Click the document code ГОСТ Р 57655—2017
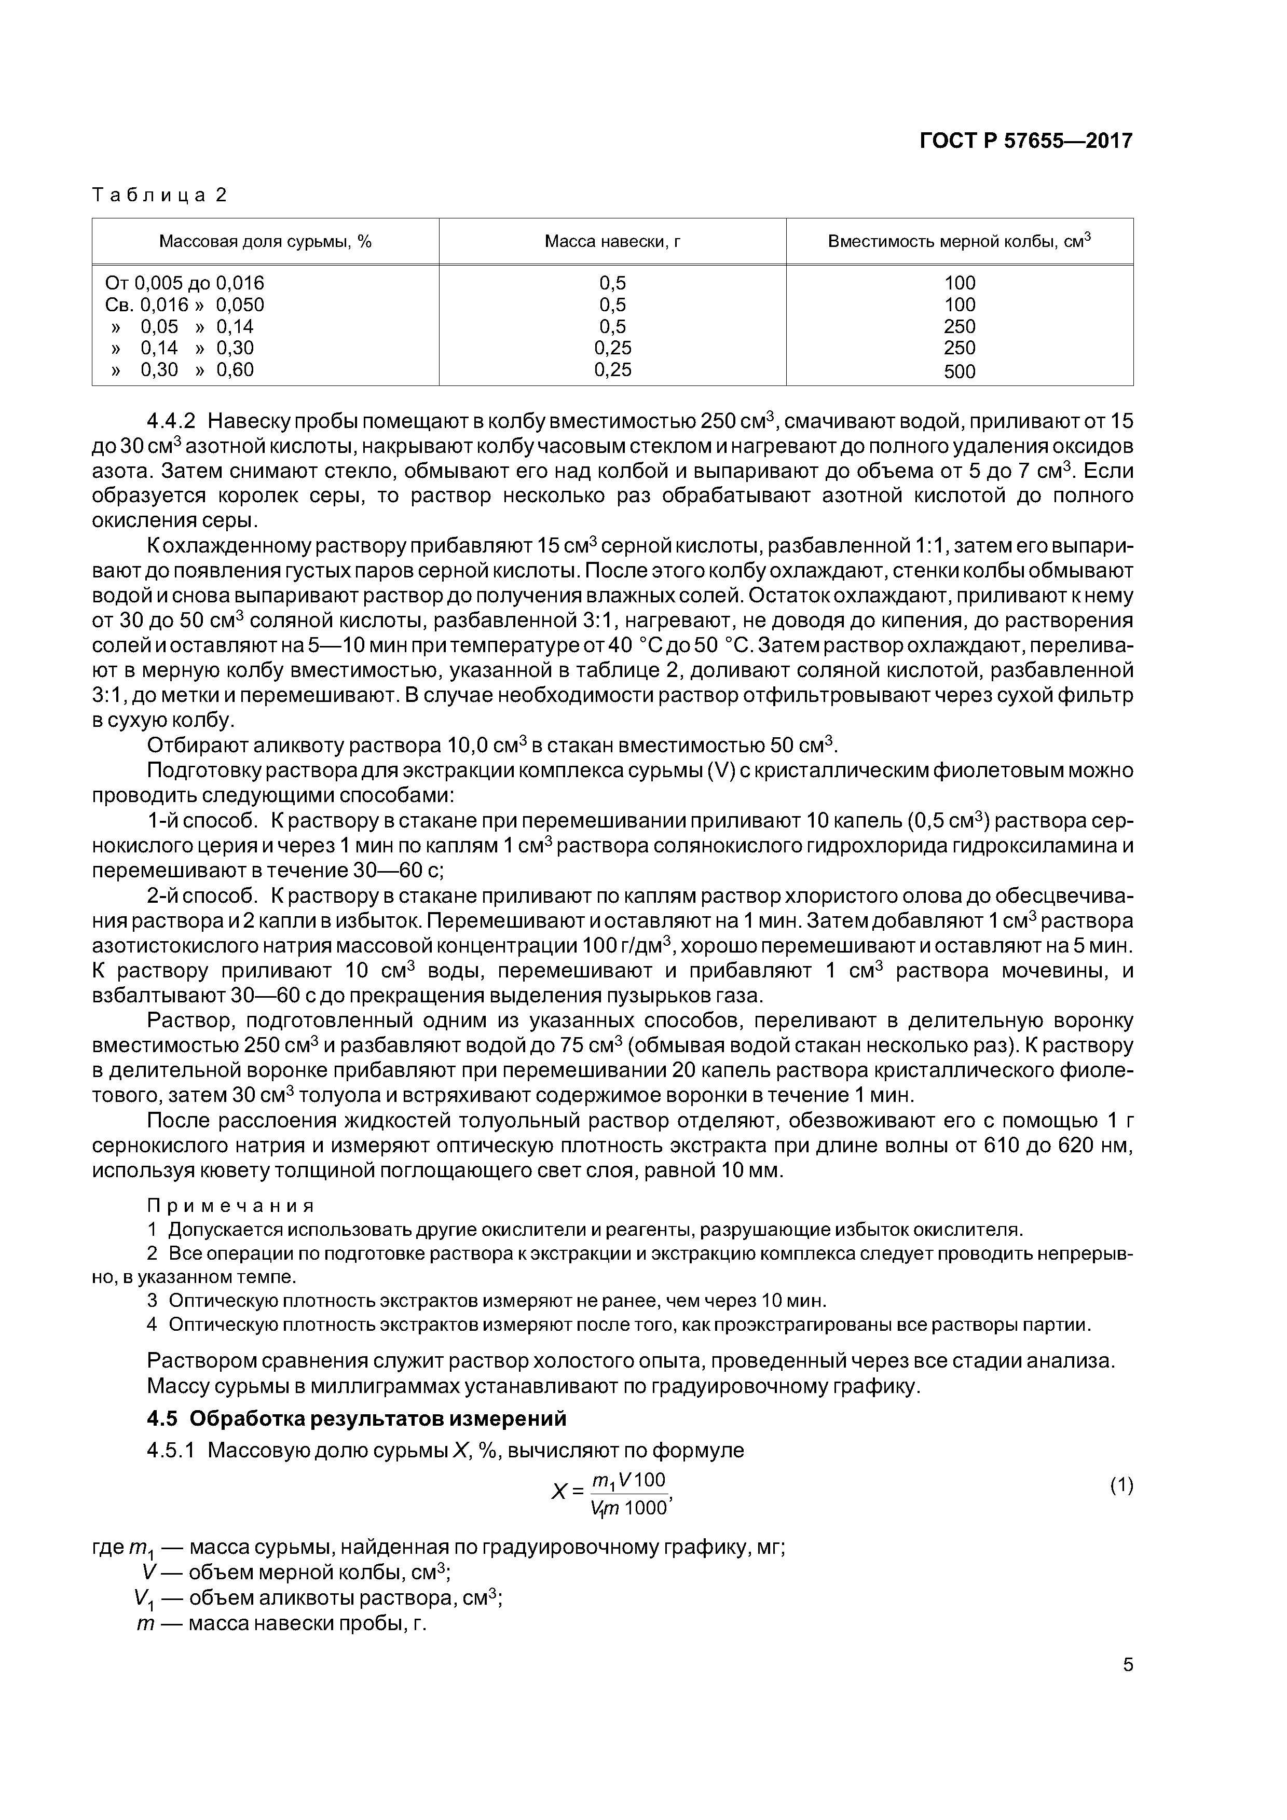pyautogui.click(x=1026, y=141)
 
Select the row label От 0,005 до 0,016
pyautogui.click(x=185, y=283)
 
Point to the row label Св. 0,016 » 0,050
pyautogui.click(x=185, y=305)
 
